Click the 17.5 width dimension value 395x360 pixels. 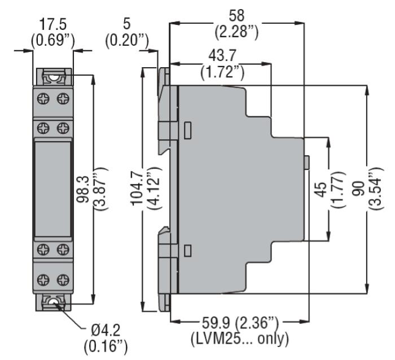(x=53, y=24)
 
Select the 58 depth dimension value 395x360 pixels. (x=236, y=16)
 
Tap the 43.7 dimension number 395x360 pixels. (x=222, y=55)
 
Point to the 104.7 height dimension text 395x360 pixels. (x=137, y=188)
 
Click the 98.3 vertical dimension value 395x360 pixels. (x=83, y=189)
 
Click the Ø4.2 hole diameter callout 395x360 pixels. (x=106, y=330)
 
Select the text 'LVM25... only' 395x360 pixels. (x=240, y=339)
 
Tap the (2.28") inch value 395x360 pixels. (x=236, y=32)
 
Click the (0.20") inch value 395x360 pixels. (x=127, y=40)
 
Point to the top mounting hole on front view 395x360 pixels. (x=54, y=77)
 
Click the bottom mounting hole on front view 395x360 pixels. (x=53, y=302)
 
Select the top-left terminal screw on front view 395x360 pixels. (x=43, y=98)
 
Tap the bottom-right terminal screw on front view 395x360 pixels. (x=63, y=280)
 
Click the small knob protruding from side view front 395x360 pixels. (x=307, y=163)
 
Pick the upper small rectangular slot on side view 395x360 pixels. (x=187, y=130)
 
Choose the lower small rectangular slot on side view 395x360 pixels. (x=187, y=251)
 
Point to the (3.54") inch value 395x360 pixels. (x=376, y=188)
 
